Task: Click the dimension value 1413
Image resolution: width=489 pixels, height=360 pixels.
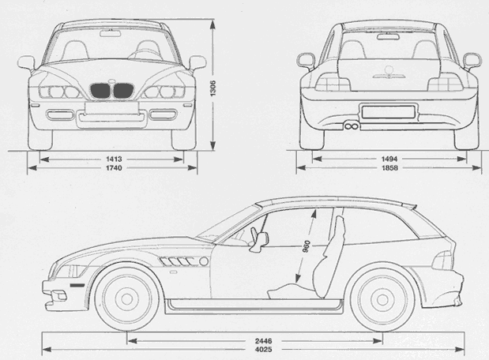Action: point(112,159)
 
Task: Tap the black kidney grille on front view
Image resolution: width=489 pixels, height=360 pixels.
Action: point(112,92)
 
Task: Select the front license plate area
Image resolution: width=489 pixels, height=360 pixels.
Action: point(112,118)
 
